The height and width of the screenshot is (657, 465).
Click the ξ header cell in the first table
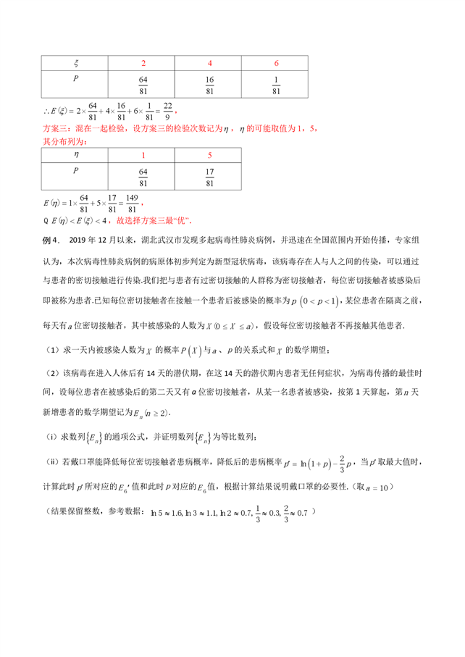[x=76, y=64]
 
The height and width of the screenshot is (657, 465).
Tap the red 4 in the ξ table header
[x=209, y=64]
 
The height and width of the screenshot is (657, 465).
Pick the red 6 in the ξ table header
[x=276, y=64]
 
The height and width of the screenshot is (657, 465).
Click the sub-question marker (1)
[x=51, y=351]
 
